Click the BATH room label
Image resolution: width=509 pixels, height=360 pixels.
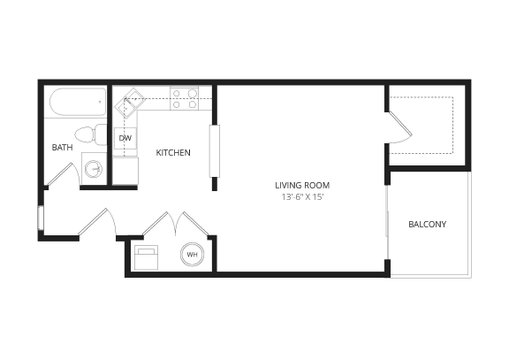(62, 148)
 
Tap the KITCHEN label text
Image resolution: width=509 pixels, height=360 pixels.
(173, 153)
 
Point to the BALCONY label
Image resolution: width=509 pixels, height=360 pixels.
(427, 224)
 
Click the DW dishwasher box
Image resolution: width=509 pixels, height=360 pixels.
(125, 139)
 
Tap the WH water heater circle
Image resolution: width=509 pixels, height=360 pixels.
(192, 256)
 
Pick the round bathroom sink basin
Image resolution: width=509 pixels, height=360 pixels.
(94, 166)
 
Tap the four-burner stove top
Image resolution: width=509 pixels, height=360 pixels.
(184, 98)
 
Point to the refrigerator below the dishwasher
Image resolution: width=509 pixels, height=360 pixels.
(125, 171)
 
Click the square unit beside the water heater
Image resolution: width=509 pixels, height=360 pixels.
(146, 257)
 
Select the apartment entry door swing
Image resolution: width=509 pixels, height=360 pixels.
(97, 221)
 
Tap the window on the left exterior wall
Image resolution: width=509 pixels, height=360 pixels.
(40, 217)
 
